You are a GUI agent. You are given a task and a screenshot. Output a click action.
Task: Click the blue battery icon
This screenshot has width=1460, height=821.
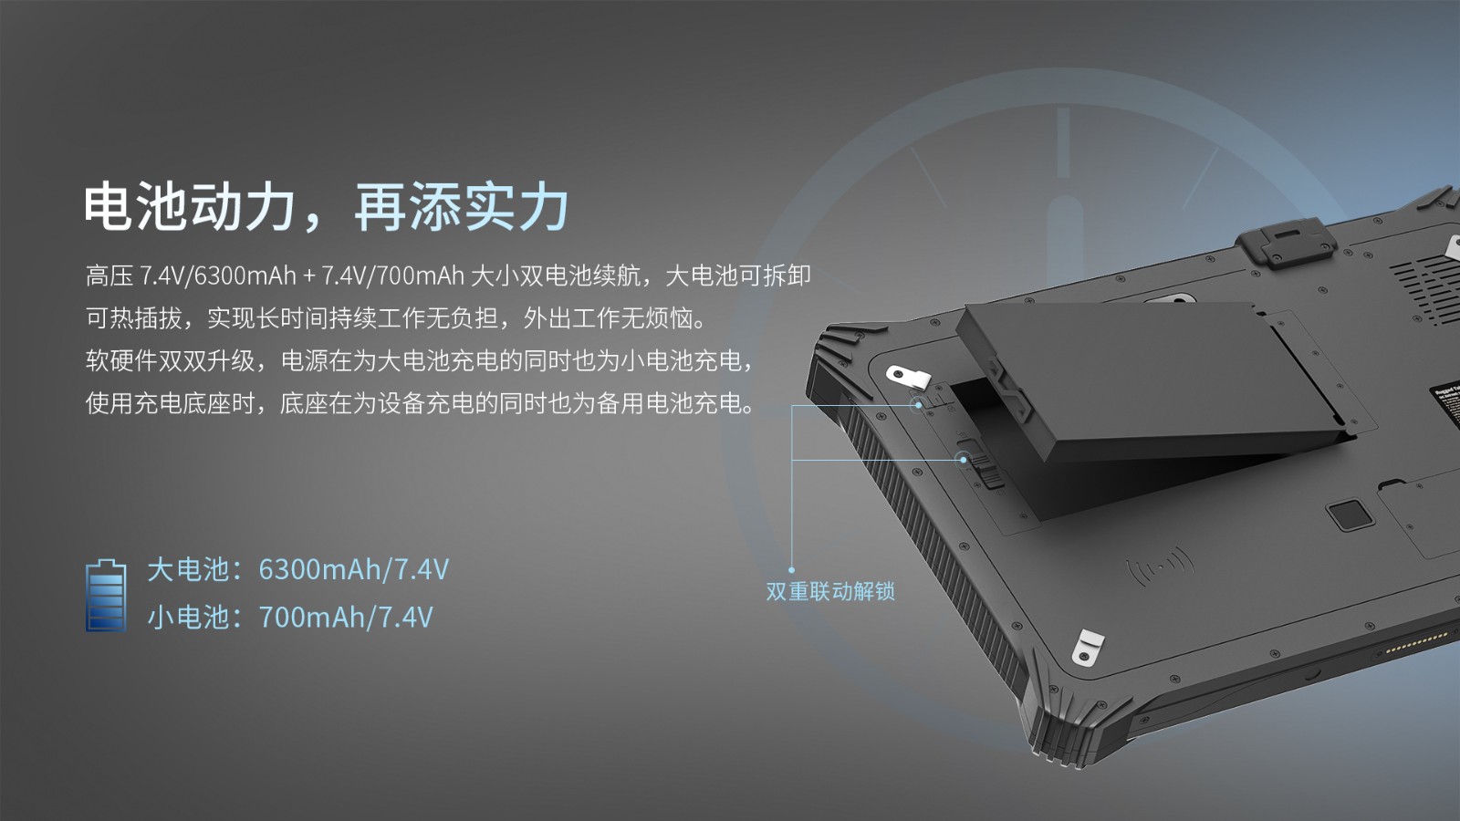[106, 596]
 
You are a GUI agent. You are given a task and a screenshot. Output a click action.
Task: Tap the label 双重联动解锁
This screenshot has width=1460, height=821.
[830, 591]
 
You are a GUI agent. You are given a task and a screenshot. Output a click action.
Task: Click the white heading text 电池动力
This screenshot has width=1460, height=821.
[190, 206]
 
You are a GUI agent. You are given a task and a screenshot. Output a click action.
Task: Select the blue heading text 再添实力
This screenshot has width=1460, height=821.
[462, 206]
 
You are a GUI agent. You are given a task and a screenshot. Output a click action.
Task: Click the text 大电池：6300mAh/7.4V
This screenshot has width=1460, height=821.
[297, 569]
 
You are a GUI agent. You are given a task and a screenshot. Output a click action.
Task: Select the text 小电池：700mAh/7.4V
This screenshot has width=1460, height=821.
[289, 617]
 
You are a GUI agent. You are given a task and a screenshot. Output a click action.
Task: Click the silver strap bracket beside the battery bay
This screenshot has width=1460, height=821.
[908, 377]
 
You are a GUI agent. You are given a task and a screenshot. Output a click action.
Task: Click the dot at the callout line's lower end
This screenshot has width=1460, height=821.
[792, 570]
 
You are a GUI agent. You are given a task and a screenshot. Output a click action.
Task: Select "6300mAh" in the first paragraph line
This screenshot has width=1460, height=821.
[245, 276]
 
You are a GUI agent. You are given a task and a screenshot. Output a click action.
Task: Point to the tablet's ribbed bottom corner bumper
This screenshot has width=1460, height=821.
[1069, 723]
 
